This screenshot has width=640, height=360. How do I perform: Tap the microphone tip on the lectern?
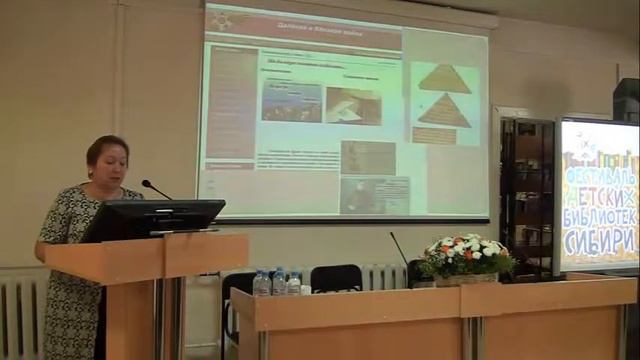tap(146, 183)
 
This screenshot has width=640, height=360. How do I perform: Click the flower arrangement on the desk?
tap(465, 254)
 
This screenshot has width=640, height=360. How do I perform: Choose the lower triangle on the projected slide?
tap(444, 111)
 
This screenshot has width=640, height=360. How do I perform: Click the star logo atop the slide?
tap(218, 18)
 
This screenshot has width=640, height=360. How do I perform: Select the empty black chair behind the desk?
tap(335, 279)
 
